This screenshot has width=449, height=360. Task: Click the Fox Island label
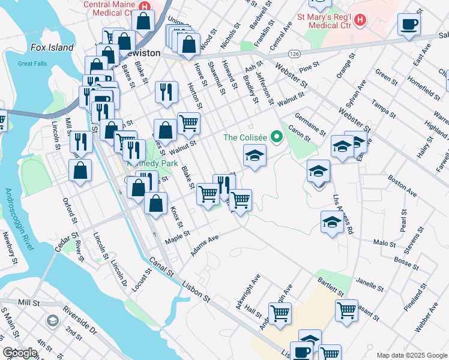53,47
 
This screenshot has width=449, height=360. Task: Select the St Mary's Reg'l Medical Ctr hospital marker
360,20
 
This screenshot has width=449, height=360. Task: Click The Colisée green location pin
277,137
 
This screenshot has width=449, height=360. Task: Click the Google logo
20,353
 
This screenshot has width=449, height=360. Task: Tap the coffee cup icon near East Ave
409,25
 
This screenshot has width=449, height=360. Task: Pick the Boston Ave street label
402,186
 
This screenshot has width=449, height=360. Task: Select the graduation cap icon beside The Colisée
255,157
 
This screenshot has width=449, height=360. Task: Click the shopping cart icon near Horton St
188,124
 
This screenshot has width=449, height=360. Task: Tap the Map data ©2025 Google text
411,354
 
